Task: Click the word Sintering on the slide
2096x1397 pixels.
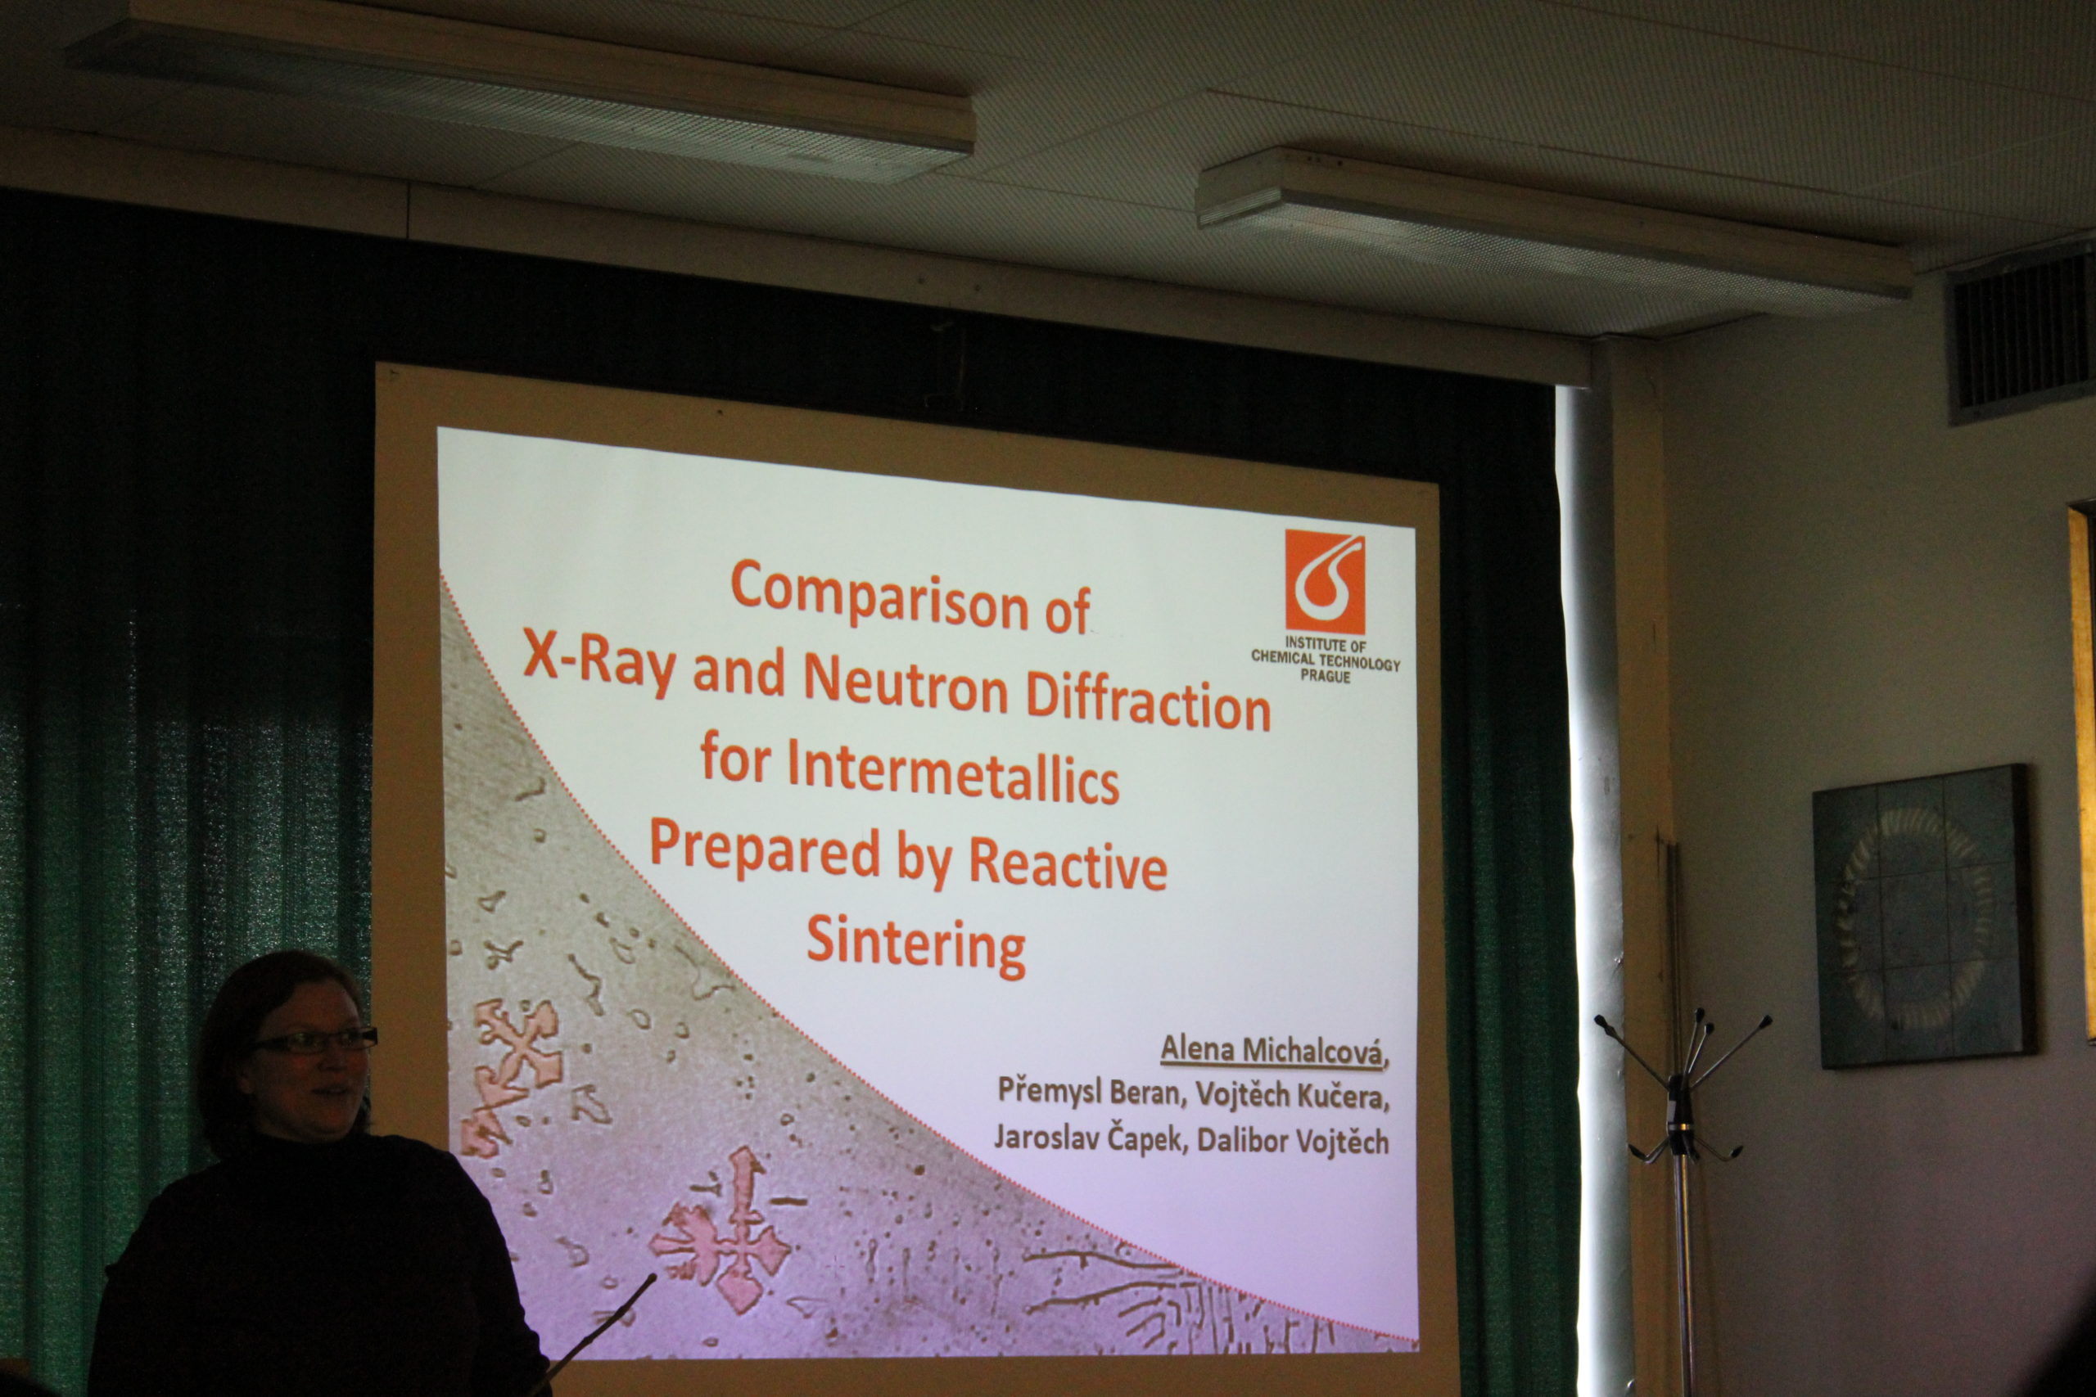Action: click(x=916, y=947)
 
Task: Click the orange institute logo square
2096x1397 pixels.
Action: click(x=1324, y=581)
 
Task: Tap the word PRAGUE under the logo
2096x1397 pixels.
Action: click(x=1326, y=676)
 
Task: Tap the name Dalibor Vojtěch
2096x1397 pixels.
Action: click(x=1292, y=1140)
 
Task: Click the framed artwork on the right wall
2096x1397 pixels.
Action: click(x=1922, y=917)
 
